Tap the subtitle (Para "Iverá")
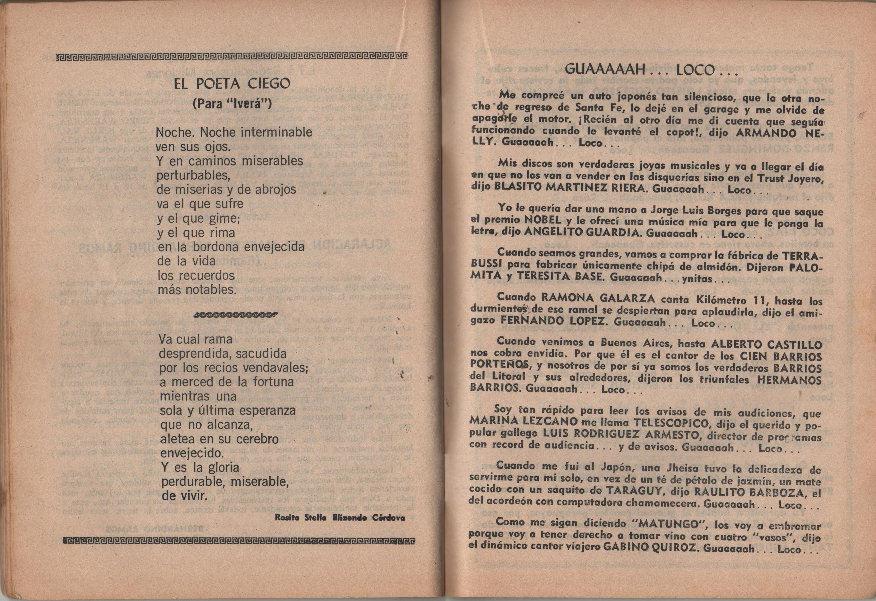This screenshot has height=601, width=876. (232, 104)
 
